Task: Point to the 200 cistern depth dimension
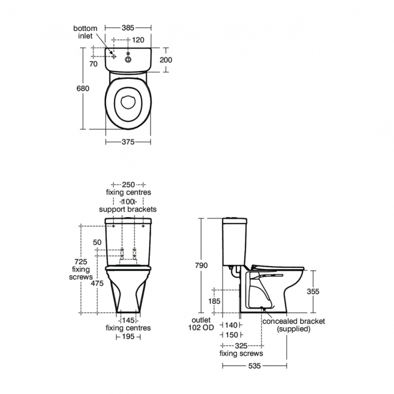tap(165, 59)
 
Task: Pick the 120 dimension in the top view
tap(138, 40)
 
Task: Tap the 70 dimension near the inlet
tap(93, 63)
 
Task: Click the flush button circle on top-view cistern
tap(129, 59)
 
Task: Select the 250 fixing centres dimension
tap(128, 184)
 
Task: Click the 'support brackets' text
tap(128, 209)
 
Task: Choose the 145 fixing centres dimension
tap(129, 320)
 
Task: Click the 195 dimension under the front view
tap(129, 337)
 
